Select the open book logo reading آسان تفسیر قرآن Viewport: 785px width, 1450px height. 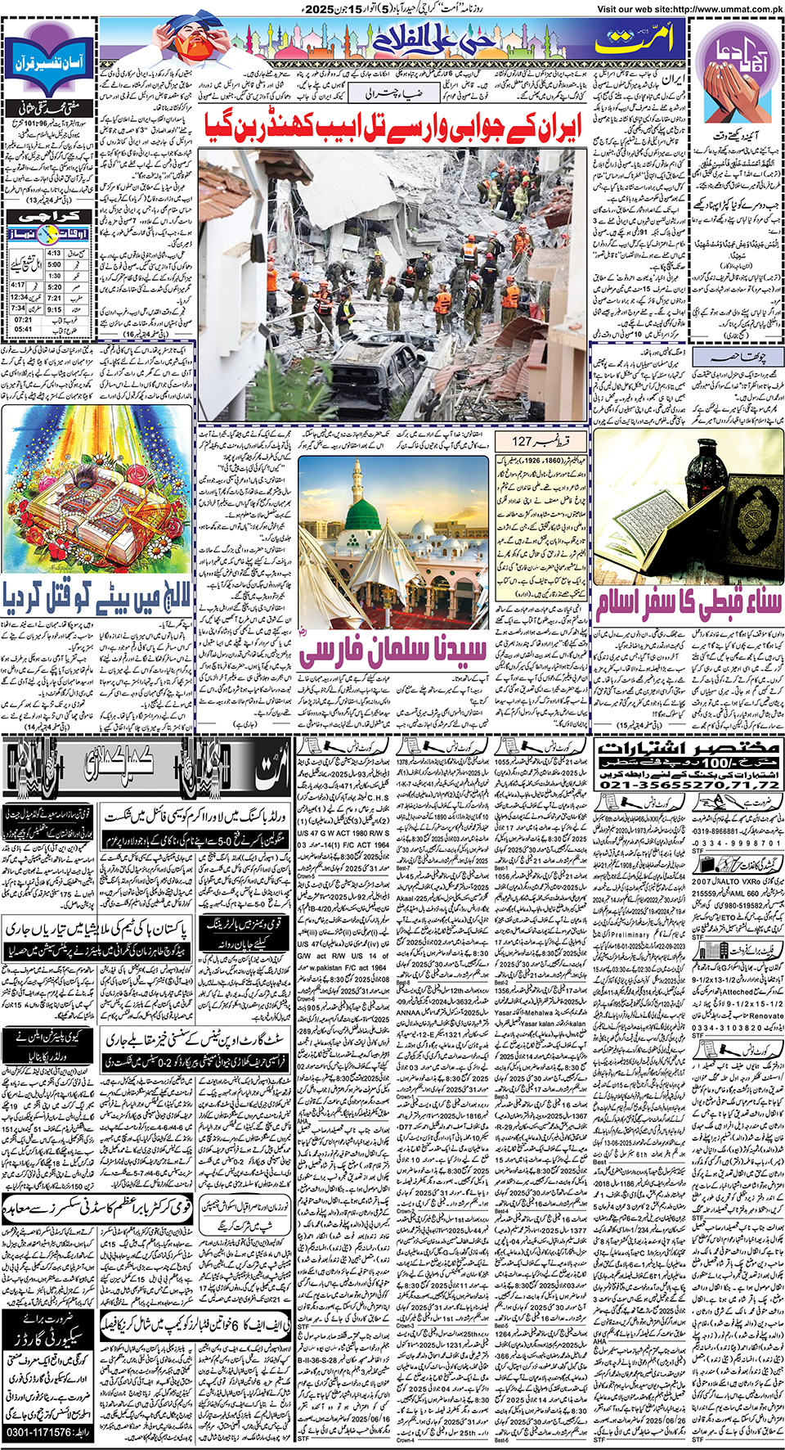[x=48, y=61]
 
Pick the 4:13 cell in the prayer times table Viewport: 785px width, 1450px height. [x=54, y=254]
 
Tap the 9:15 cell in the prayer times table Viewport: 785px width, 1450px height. [x=54, y=310]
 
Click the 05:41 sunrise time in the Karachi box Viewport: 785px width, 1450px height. [x=23, y=330]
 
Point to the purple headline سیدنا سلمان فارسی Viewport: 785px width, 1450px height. [x=392, y=651]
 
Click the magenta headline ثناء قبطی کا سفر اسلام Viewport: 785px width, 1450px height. [x=688, y=604]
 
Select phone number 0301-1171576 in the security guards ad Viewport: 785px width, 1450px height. [x=49, y=1433]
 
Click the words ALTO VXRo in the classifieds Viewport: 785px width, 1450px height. [x=729, y=881]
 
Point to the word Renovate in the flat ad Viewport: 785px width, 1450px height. [x=761, y=1015]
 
